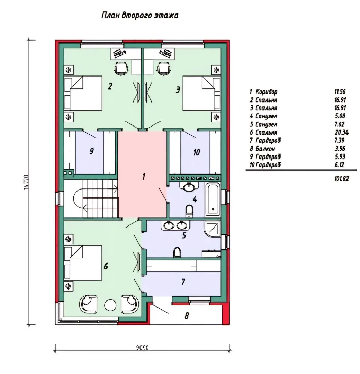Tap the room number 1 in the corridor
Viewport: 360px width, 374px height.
144,177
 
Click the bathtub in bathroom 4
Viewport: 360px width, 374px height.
213,200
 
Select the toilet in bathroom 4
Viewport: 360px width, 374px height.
189,211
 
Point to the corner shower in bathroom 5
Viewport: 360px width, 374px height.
212,229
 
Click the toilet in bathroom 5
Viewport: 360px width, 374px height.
177,252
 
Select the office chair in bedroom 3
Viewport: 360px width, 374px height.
164,69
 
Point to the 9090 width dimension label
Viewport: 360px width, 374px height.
142,348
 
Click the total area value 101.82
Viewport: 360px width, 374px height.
342,178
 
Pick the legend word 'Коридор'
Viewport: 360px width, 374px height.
266,91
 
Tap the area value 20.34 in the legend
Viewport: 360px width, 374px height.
342,132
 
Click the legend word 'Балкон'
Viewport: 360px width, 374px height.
265,149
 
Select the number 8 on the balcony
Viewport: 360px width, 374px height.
187,315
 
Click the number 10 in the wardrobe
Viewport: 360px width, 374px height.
197,152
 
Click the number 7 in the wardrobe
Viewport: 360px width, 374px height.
183,282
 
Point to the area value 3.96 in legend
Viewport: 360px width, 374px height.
340,149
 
